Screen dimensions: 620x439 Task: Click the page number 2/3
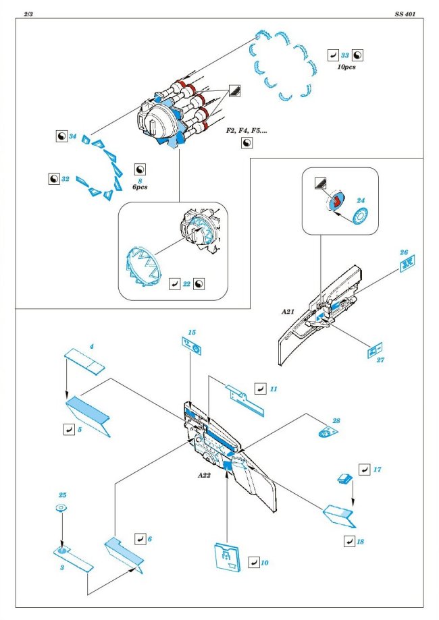click(28, 13)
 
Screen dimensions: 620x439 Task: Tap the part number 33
click(344, 56)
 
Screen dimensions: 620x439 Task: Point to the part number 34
click(73, 136)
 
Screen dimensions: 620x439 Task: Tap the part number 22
click(186, 284)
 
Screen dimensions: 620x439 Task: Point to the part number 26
click(403, 253)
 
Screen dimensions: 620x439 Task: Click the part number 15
click(191, 333)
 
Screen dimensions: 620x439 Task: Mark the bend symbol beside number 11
click(259, 389)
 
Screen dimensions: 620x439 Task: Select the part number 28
click(336, 420)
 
